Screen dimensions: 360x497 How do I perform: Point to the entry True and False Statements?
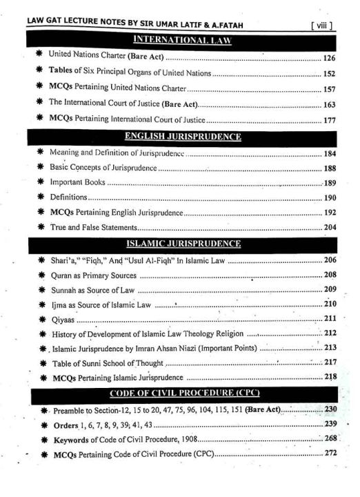(x=94, y=227)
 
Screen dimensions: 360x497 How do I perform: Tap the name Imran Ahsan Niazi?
(x=174, y=348)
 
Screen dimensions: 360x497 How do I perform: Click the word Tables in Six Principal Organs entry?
(x=63, y=74)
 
